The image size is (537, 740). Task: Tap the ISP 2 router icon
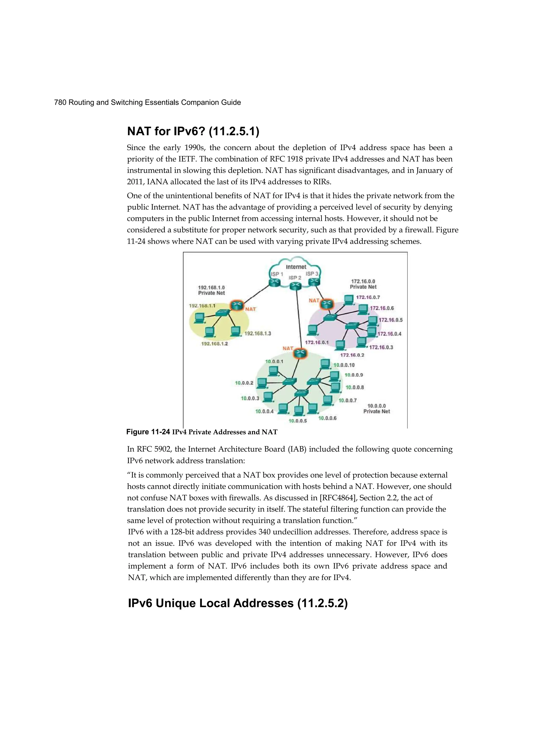pyautogui.click(x=296, y=286)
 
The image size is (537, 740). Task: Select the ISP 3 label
pyautogui.click(x=312, y=273)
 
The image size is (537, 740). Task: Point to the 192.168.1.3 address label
pyautogui.click(x=258, y=333)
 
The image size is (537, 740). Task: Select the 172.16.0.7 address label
pyautogui.click(x=368, y=297)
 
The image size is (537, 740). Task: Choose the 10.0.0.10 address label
pyautogui.click(x=344, y=365)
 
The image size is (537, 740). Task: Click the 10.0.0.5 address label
pyautogui.click(x=298, y=421)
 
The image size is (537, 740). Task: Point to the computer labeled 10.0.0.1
pyautogui.click(x=273, y=371)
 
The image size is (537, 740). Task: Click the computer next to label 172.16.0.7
pyautogui.click(x=349, y=299)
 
